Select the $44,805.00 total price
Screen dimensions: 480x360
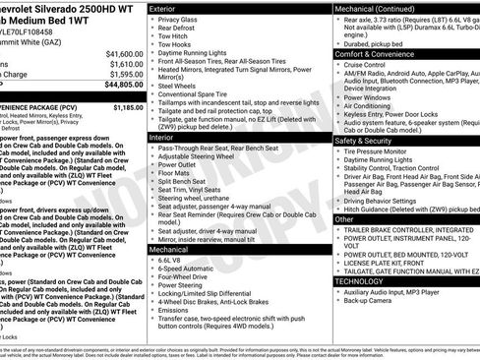(x=123, y=86)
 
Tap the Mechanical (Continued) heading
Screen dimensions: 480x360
(x=380, y=8)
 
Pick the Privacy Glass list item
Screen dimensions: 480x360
(x=177, y=20)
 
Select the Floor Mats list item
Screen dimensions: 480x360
(x=174, y=171)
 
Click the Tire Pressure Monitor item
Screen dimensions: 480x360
(x=378, y=151)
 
